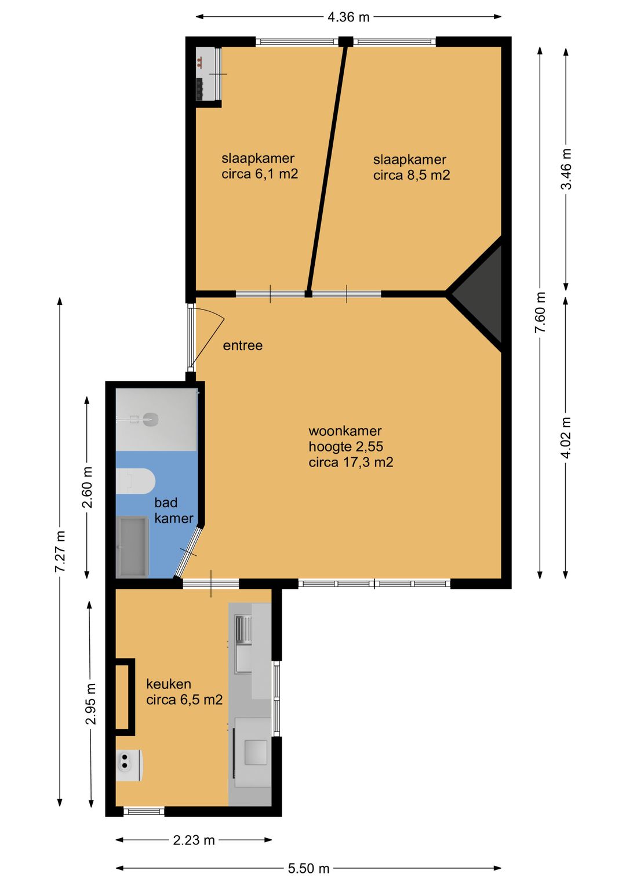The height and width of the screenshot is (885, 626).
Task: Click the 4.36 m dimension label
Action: click(x=348, y=17)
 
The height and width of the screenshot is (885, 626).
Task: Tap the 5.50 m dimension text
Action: click(x=308, y=868)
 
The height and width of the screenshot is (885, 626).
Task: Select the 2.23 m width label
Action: click(x=194, y=840)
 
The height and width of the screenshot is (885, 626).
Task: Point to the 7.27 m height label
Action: click(x=60, y=551)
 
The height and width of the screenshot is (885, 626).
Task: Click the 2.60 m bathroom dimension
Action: click(x=87, y=487)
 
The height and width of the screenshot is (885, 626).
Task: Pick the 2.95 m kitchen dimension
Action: click(x=90, y=704)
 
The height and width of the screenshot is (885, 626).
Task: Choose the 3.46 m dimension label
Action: click(x=566, y=169)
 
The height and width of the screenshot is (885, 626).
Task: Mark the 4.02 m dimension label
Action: click(x=566, y=437)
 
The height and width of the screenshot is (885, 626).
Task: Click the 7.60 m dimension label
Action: click(x=540, y=312)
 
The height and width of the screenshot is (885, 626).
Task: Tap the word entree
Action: click(x=242, y=345)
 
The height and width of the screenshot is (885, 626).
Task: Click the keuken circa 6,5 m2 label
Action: click(x=184, y=692)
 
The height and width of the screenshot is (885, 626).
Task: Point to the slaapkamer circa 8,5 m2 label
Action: click(x=411, y=167)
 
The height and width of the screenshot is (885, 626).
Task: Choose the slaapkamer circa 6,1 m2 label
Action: click(x=259, y=166)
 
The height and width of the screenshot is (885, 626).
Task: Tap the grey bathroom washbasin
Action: click(x=132, y=547)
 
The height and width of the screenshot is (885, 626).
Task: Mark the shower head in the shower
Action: click(x=150, y=418)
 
